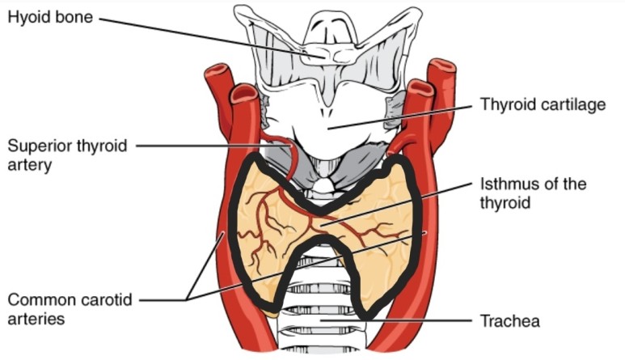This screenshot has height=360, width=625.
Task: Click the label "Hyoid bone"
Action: click(50, 16)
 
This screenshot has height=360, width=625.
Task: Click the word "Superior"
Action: click(40, 146)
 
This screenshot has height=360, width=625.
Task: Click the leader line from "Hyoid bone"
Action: click(202, 34)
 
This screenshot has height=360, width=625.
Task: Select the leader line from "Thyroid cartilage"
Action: click(404, 116)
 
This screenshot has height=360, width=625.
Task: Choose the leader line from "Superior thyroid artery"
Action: click(202, 146)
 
